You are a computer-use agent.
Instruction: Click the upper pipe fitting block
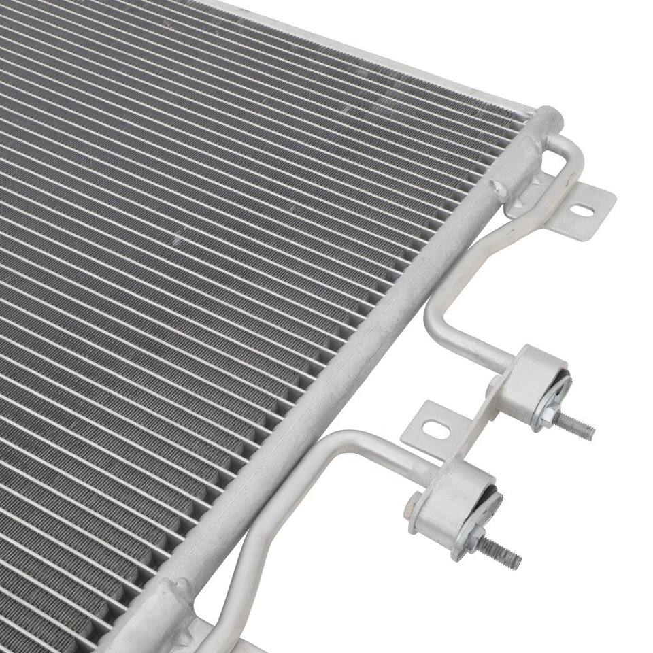[535, 385]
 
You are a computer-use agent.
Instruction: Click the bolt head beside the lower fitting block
[414, 505]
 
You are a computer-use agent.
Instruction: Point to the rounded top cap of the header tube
[548, 120]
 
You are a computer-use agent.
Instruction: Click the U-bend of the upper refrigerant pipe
[435, 320]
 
